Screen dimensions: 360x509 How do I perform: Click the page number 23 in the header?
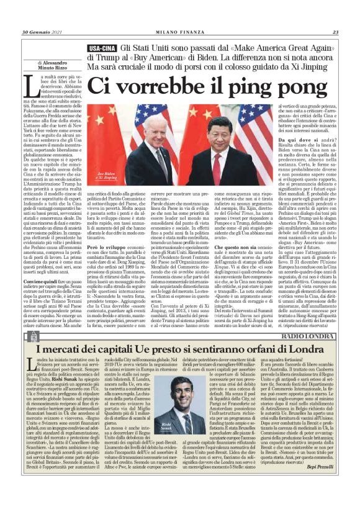coord(335,33)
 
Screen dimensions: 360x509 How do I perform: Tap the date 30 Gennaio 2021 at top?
coord(42,33)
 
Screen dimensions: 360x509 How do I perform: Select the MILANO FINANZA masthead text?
coord(179,33)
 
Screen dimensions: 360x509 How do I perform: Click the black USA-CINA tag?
coord(101,48)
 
